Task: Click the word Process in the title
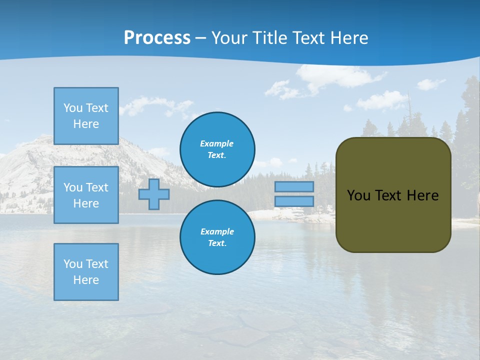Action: [157, 38]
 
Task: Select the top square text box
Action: [86, 116]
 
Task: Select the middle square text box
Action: [86, 195]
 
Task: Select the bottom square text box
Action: [86, 272]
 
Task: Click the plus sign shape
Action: [154, 194]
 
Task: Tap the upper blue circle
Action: [217, 149]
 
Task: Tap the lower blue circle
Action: [217, 237]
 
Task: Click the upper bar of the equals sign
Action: [294, 186]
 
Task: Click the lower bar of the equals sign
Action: [294, 201]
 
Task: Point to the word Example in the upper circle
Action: [217, 143]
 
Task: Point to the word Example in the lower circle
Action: [217, 231]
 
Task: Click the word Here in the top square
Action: [86, 124]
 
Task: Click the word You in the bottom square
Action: [72, 264]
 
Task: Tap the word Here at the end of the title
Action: [348, 38]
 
